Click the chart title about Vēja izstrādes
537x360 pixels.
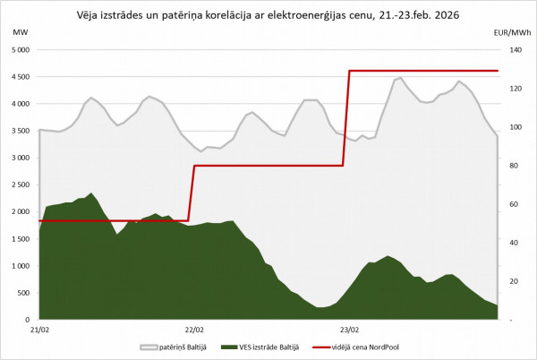coord(268,13)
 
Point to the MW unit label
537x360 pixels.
coord(21,32)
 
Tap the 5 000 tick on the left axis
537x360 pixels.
coord(20,50)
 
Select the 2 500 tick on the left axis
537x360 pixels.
coord(20,184)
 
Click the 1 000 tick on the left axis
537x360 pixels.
coord(20,265)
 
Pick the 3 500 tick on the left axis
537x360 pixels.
coord(20,131)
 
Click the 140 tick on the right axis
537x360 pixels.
coord(513,50)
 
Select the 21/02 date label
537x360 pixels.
coord(40,329)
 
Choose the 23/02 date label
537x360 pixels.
coord(349,329)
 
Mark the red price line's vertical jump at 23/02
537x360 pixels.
coord(348,118)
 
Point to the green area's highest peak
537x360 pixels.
coord(91,193)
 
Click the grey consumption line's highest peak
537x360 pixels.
coord(400,78)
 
